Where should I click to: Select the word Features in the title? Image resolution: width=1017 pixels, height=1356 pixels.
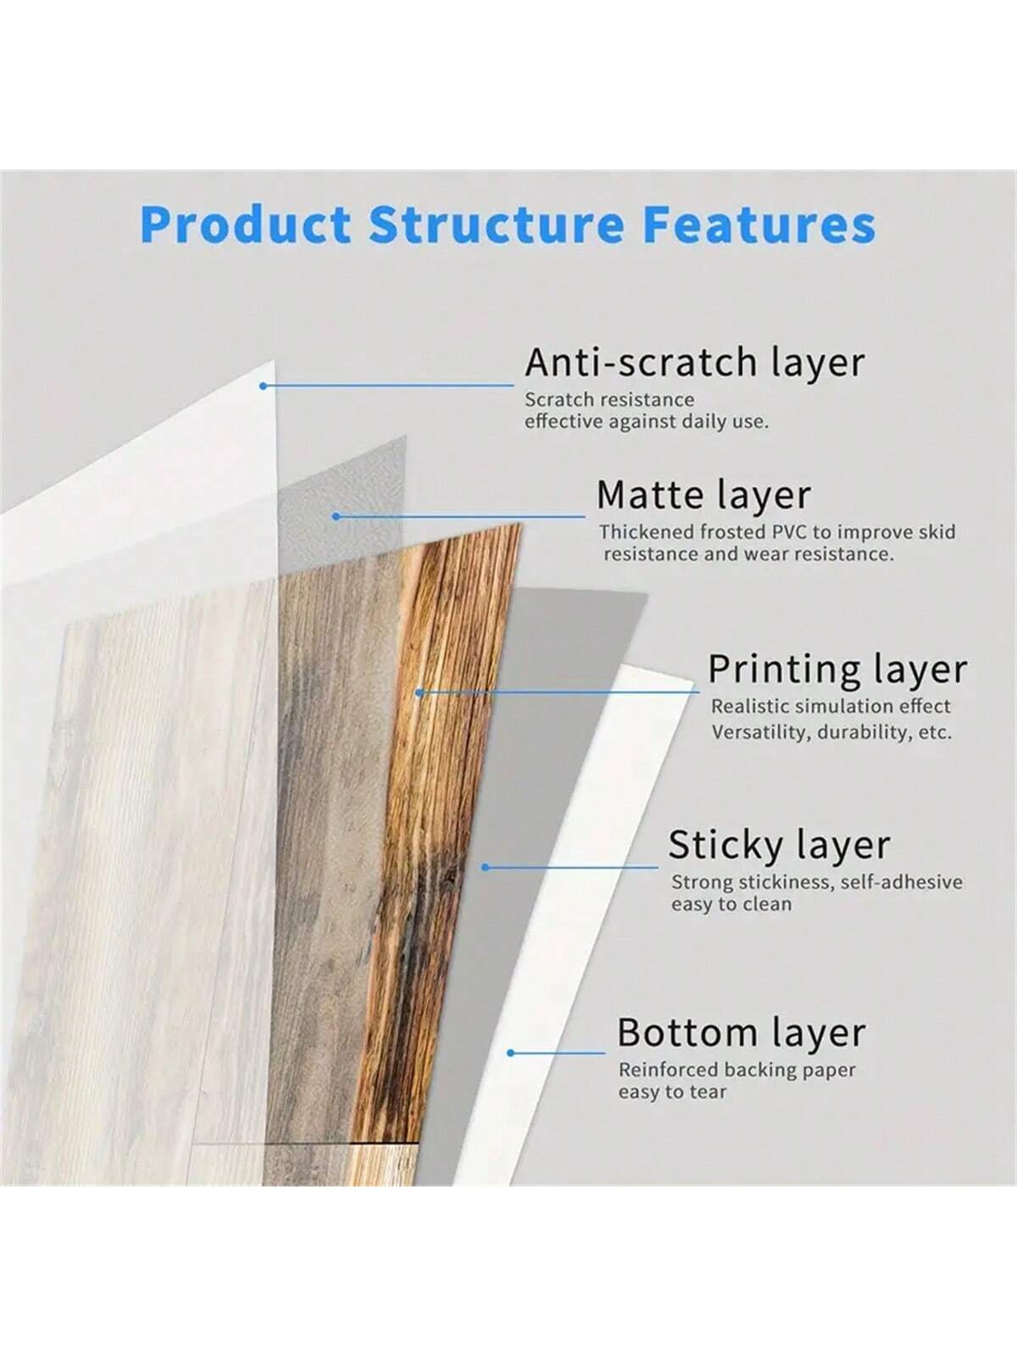759,224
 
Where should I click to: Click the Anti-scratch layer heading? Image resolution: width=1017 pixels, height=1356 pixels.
695,363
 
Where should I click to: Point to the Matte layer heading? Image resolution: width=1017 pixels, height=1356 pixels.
704,495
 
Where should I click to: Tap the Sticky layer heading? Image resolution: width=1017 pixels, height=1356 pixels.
779,844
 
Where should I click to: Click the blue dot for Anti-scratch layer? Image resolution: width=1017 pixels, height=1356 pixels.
263,386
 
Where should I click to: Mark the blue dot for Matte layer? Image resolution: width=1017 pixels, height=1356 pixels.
336,516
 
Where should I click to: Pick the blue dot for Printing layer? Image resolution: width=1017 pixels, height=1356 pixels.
420,692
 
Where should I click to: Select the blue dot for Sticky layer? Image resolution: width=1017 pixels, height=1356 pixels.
486,867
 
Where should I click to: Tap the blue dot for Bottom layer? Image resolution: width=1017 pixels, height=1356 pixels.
511,1053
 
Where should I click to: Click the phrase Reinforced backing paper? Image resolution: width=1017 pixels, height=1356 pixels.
737,1070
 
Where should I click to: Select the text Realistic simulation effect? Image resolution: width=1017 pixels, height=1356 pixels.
831,706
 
